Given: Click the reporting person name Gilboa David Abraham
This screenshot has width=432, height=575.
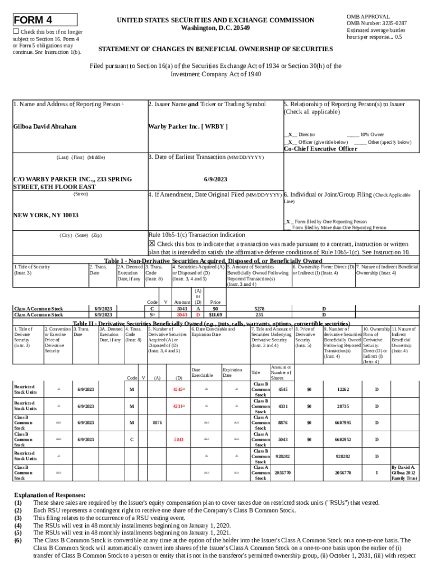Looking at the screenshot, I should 44,126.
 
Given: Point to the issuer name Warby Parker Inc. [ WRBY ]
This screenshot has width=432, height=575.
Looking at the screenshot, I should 188,126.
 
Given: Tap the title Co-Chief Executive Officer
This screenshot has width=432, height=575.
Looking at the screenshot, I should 320,149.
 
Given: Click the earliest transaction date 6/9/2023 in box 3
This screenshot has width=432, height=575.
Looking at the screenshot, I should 214,179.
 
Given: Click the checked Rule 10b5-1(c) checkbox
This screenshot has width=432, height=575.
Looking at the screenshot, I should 151,244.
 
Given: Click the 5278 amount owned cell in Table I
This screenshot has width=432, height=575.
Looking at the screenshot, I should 259,309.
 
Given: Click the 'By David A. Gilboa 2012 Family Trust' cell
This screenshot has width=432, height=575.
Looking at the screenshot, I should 404,473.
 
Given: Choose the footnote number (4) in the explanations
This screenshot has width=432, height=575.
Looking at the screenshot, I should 18,525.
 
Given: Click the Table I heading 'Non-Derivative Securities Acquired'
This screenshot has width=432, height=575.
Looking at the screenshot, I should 213,261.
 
